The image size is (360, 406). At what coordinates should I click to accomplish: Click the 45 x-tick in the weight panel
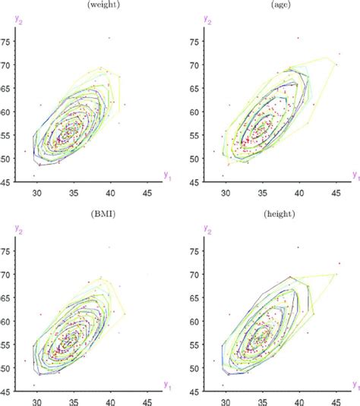(147, 193)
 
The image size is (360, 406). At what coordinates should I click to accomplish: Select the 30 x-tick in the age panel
(226, 193)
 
